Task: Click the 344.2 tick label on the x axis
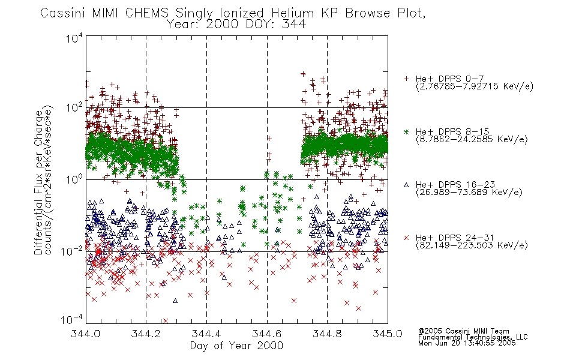click(146, 334)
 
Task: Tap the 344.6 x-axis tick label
click(267, 334)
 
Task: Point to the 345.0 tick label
click(388, 334)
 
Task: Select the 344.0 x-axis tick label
click(85, 334)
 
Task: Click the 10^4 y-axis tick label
click(74, 38)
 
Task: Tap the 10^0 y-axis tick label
click(74, 179)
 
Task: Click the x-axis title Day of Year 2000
click(236, 346)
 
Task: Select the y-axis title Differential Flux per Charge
click(38, 182)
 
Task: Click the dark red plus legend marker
click(406, 79)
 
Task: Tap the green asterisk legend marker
click(406, 131)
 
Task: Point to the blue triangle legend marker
click(406, 185)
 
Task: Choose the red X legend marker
click(406, 238)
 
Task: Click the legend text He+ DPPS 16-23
click(455, 185)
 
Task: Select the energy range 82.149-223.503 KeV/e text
click(472, 245)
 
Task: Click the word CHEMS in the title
click(147, 13)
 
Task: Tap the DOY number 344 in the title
click(294, 24)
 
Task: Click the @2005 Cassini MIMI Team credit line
click(463, 331)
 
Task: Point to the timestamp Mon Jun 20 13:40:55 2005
click(467, 343)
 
